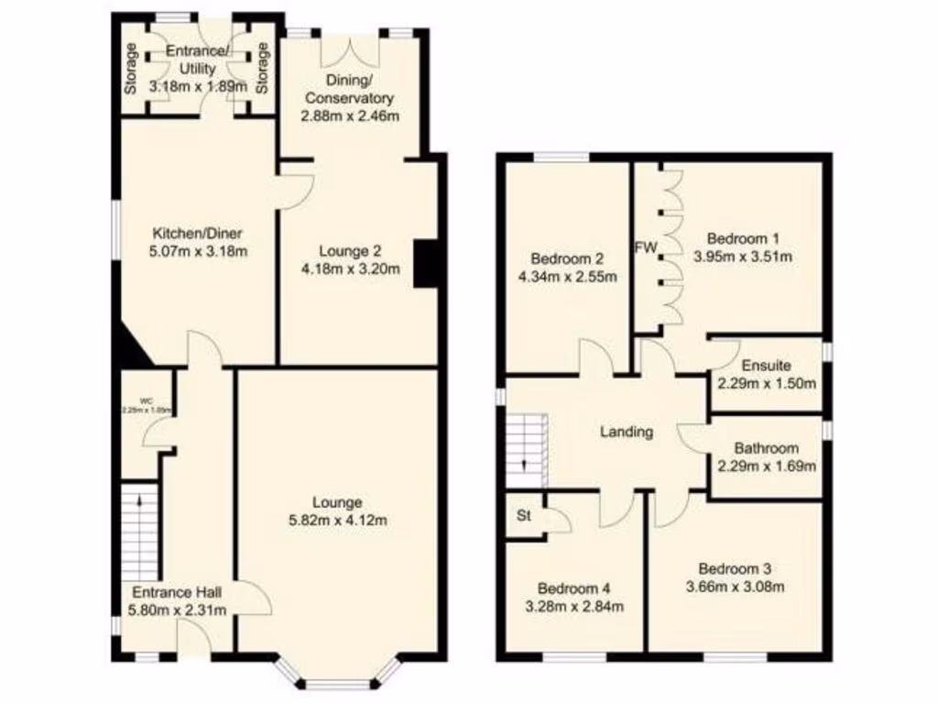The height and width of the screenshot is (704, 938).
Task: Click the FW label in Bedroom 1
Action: pos(647,247)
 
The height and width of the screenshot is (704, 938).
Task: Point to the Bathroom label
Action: pos(766,448)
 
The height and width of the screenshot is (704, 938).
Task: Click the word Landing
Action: pos(627,432)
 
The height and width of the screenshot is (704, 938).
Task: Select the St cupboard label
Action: pos(524,516)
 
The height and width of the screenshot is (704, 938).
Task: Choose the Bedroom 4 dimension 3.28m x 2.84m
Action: pos(573,606)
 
